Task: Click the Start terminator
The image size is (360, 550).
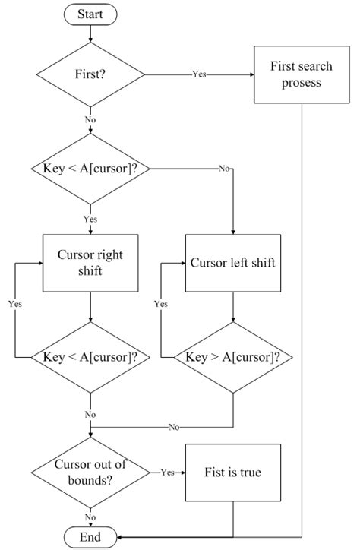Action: [91, 14]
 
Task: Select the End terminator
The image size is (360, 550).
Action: [91, 537]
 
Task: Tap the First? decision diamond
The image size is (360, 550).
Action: [91, 74]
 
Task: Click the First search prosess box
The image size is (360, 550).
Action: [302, 74]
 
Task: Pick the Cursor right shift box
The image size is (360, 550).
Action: [91, 261]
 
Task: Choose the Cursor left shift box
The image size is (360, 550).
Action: [232, 264]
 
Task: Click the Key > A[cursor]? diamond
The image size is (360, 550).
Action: [232, 356]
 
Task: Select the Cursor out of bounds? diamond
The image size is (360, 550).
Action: [91, 473]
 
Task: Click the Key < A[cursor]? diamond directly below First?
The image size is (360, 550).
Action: [91, 169]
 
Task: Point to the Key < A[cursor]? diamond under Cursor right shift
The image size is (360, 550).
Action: [91, 356]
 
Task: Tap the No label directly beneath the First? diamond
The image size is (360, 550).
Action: [91, 119]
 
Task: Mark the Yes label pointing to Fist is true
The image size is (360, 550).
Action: [167, 473]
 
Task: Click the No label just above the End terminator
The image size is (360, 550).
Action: [91, 517]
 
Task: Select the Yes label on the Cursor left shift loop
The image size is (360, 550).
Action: [161, 304]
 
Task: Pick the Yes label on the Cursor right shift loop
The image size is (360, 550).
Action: [15, 304]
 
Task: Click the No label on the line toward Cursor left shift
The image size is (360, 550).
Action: [224, 169]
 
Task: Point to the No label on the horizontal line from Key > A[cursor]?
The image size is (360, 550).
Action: [175, 427]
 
